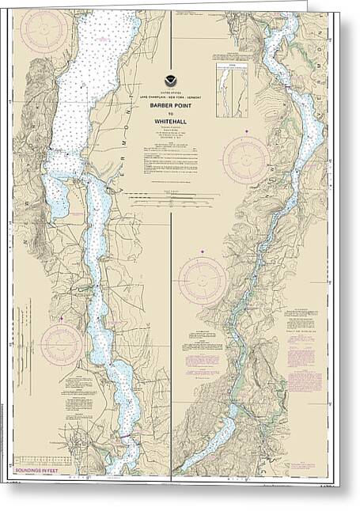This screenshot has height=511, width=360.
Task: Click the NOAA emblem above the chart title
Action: [x=172, y=81]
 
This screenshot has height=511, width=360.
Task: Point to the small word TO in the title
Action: [x=172, y=112]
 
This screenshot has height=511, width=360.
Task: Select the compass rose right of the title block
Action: [x=245, y=160]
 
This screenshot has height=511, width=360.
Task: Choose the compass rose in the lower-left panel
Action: [x=62, y=344]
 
